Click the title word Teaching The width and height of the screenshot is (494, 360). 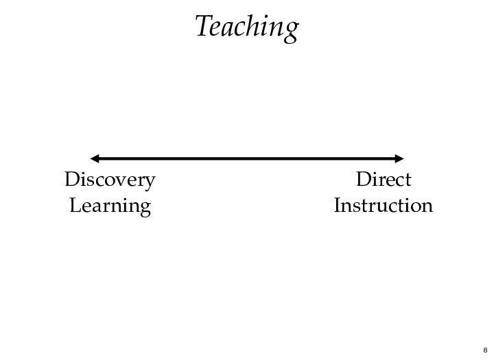coord(246,27)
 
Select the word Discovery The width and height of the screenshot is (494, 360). coord(110,180)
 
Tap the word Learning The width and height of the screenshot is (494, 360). coord(110,206)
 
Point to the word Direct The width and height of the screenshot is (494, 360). coord(384,180)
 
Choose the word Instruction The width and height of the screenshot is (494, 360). coord(383,206)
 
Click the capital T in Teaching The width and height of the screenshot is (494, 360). coord(202,26)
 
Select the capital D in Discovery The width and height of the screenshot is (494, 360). coord(71,180)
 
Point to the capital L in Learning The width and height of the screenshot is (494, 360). coord(75,206)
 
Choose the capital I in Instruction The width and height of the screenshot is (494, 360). coord(338,206)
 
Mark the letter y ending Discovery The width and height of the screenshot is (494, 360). coord(149,183)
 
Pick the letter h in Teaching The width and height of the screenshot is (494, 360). coord(255,27)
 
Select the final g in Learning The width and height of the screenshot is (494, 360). coord(145,209)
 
